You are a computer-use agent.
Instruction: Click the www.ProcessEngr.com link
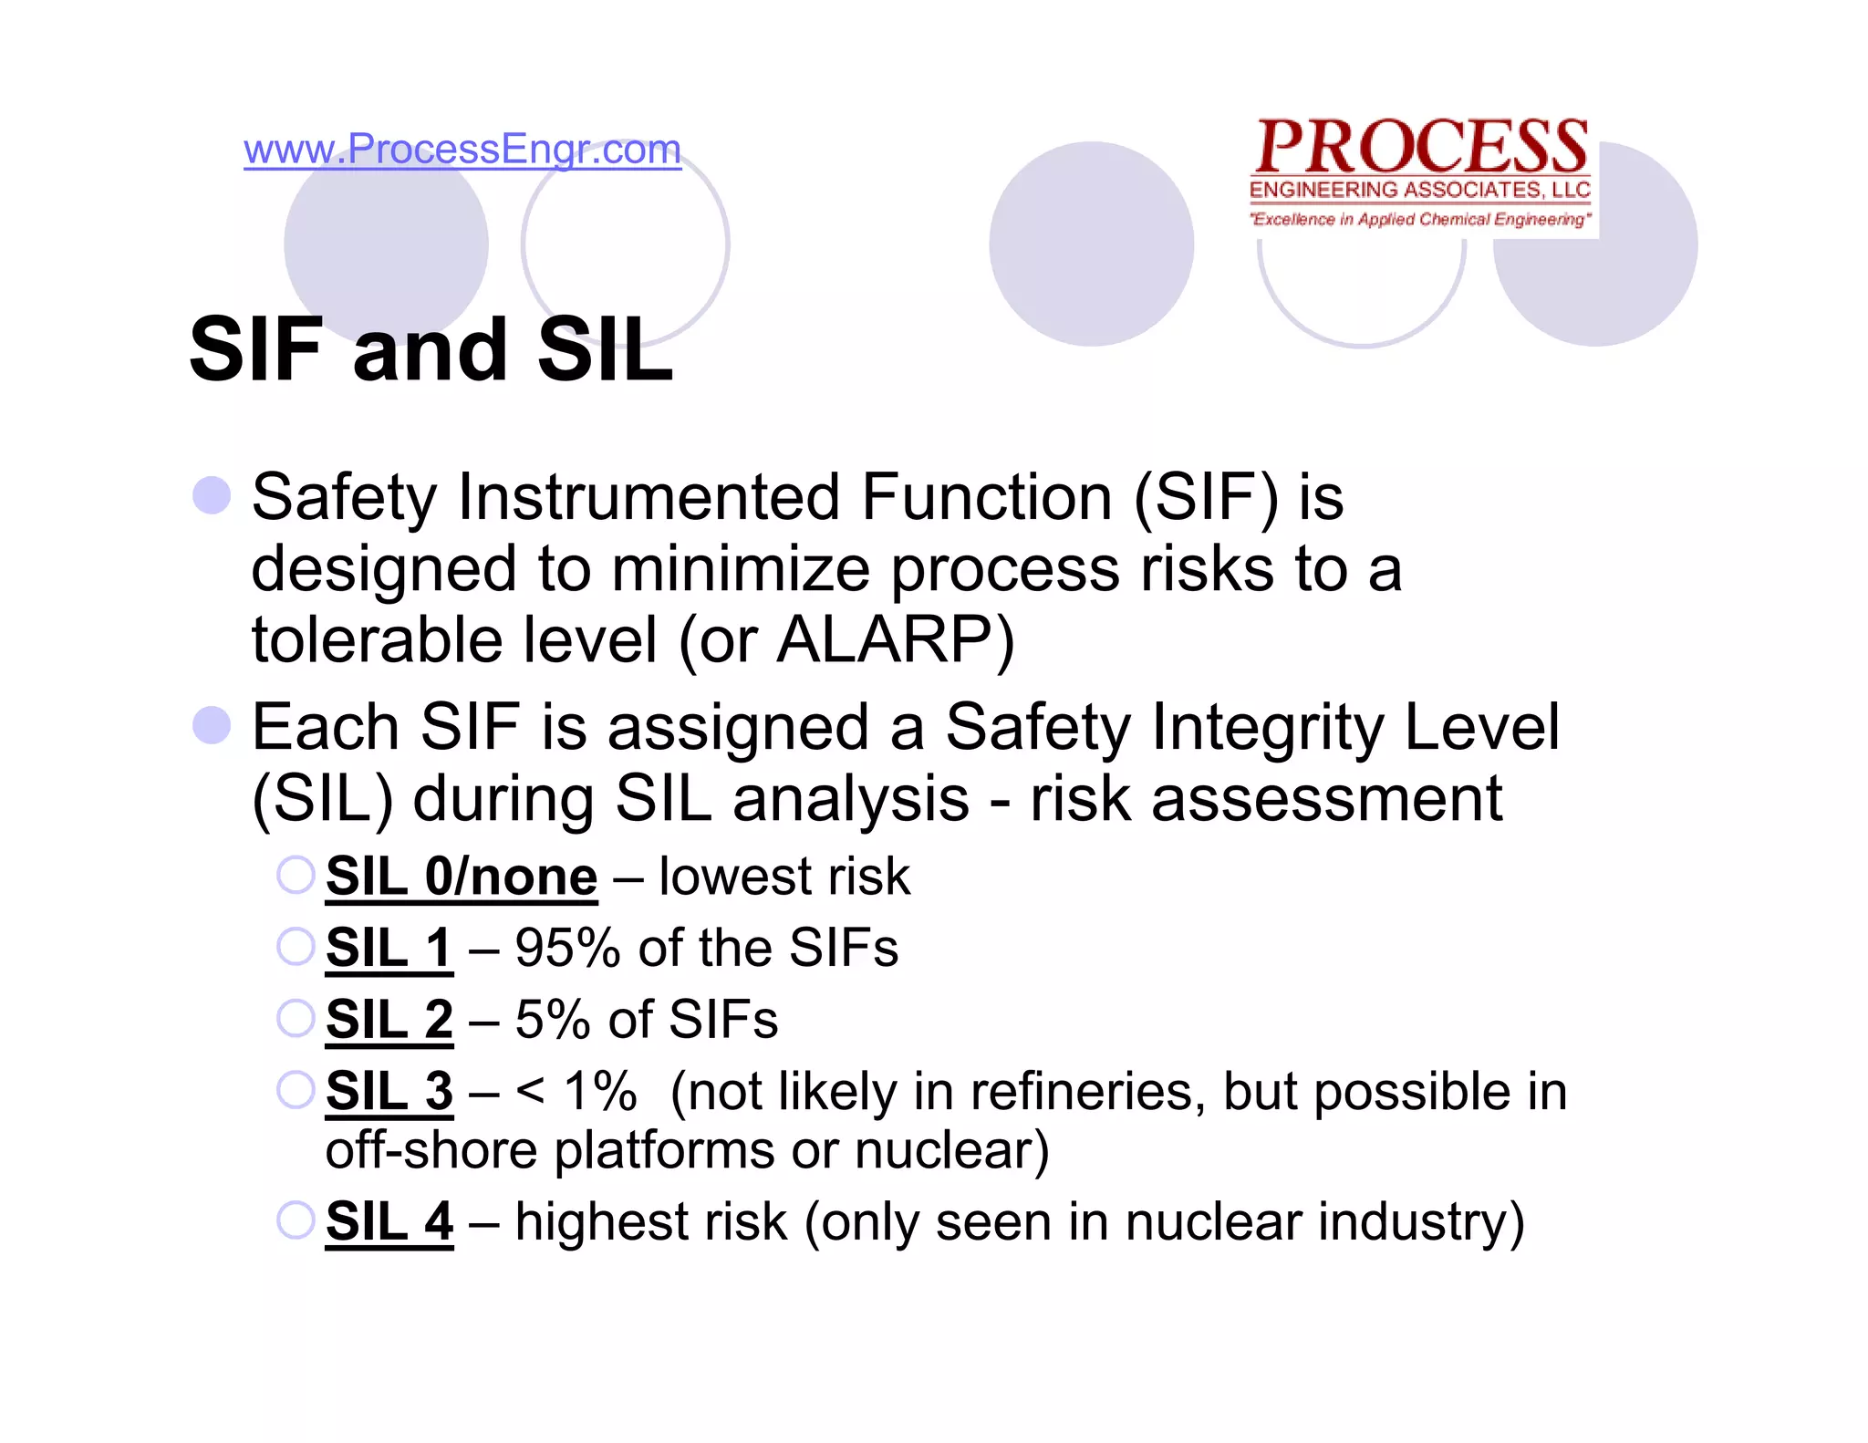point(462,150)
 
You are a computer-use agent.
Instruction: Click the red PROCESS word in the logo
point(1421,148)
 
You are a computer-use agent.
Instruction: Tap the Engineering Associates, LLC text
point(1419,190)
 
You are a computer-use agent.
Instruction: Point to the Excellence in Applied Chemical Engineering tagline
point(1419,219)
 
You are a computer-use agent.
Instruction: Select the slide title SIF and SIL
point(431,349)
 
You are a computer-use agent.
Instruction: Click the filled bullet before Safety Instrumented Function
point(212,495)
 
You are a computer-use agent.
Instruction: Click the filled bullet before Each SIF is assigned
point(212,725)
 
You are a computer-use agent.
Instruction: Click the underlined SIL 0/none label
point(462,877)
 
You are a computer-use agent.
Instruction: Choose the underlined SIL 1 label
point(389,948)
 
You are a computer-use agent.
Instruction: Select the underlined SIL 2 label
point(389,1019)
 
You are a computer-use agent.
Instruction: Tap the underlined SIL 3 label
point(389,1091)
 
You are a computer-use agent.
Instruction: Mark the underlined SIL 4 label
point(389,1221)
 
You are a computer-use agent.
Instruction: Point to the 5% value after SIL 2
point(553,1019)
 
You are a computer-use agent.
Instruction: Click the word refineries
point(1081,1091)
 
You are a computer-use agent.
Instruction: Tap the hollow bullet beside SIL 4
point(296,1220)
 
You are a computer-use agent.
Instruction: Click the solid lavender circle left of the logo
point(1091,244)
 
